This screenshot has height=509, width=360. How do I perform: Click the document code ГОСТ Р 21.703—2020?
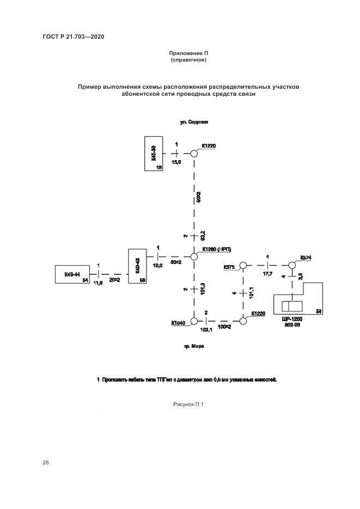click(73, 36)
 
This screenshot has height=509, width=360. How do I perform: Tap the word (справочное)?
click(188, 60)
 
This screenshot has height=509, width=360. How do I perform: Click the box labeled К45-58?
click(154, 155)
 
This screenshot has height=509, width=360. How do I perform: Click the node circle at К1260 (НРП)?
click(193, 256)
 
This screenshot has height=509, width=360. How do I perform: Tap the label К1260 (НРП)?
click(216, 249)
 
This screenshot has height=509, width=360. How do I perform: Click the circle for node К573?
click(243, 265)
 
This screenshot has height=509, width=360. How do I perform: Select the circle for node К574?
click(291, 265)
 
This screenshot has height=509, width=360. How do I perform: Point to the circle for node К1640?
click(193, 322)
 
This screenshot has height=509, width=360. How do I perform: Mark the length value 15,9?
click(176, 162)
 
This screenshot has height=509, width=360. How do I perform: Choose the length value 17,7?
click(267, 274)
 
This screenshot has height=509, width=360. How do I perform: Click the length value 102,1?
click(206, 330)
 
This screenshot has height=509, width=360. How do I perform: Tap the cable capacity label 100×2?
click(224, 327)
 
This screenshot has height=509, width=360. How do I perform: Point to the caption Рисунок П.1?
click(188, 404)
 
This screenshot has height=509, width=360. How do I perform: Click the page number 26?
click(46, 463)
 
